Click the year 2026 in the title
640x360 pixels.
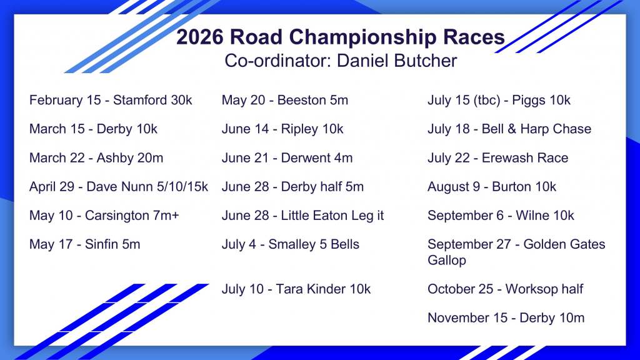200,37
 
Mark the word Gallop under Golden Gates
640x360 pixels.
447,261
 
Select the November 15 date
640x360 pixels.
467,318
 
